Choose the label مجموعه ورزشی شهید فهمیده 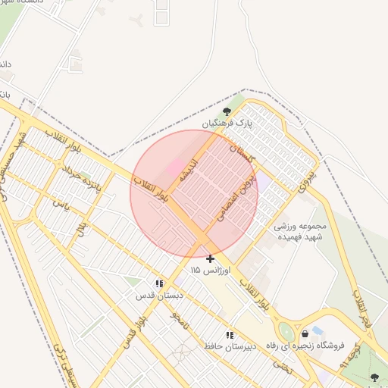[x=301, y=231]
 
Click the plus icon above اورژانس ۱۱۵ [x=210, y=258]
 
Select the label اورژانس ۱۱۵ [x=206, y=270]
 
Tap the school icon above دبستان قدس [x=159, y=283]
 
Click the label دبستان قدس [x=158, y=295]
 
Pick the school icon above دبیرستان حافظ [x=229, y=334]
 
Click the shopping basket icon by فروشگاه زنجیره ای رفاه [x=305, y=333]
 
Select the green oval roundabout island [x=286, y=331]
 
